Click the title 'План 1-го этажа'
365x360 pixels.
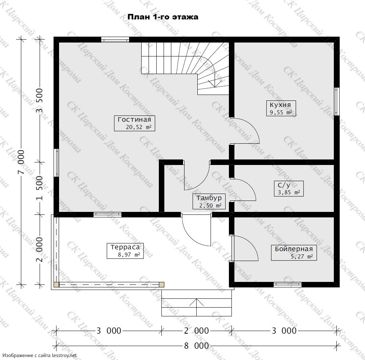163,17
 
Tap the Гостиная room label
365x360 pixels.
135,124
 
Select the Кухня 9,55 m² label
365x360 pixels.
281,108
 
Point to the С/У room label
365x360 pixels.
289,188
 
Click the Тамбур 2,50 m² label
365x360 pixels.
209,201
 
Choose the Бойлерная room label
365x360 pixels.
294,253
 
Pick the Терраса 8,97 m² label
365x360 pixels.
125,251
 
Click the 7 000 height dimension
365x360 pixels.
21,162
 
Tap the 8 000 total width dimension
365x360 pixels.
197,346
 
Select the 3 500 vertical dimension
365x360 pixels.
40,101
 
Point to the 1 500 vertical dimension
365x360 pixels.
40,188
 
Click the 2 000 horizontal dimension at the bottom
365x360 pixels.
197,330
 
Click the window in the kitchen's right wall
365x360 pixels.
337,102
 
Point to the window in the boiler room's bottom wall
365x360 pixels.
288,284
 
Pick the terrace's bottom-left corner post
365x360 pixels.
56,284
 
